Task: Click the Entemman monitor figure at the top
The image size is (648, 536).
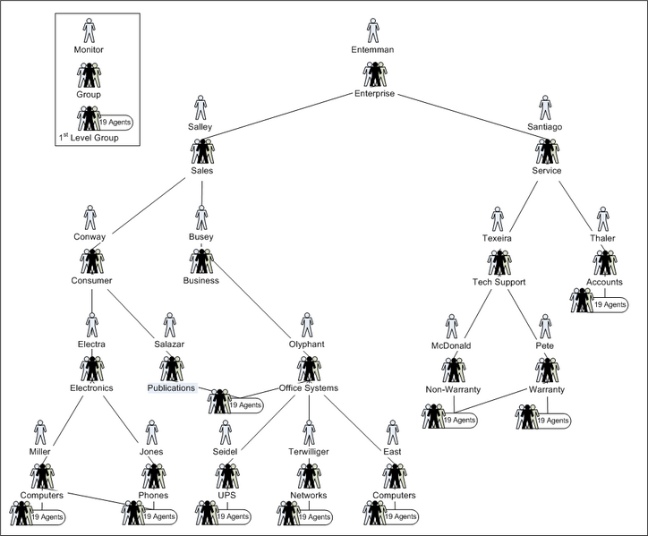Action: [x=373, y=30]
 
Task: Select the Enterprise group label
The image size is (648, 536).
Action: [x=374, y=94]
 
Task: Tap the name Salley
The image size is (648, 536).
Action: [x=200, y=127]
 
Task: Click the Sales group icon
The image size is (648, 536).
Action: [x=202, y=151]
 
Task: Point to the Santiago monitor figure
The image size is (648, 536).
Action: [x=545, y=108]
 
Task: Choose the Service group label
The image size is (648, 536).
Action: [x=547, y=171]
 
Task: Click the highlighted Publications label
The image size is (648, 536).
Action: [x=171, y=388]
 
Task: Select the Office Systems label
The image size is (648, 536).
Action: [x=308, y=388]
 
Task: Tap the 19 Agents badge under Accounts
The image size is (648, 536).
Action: [x=610, y=305]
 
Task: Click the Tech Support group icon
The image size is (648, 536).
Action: [x=499, y=262]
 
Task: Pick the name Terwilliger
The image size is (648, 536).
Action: [x=309, y=452]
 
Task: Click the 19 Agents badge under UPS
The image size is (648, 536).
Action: [x=232, y=517]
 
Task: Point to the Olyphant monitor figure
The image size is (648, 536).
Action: [x=307, y=325]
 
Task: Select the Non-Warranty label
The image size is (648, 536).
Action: [x=453, y=390]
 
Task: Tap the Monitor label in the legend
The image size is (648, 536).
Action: [x=89, y=49]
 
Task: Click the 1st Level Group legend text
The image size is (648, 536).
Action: [x=89, y=138]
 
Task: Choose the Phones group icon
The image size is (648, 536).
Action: [x=154, y=476]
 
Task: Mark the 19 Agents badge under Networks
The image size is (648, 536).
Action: [x=314, y=517]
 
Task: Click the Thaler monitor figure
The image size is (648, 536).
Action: [x=603, y=219]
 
